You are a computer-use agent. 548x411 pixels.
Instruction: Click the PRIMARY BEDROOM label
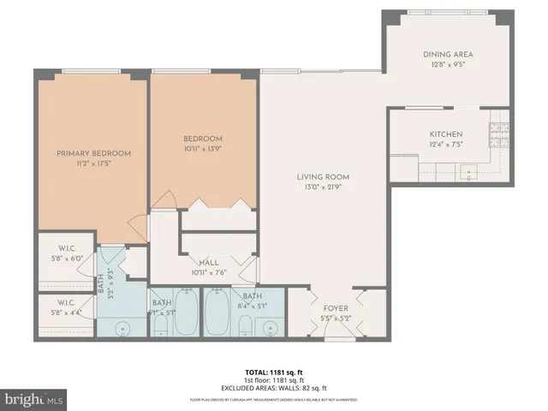[93, 153]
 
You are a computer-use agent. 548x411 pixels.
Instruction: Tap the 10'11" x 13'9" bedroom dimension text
[202, 149]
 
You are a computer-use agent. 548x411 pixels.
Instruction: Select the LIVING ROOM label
[324, 177]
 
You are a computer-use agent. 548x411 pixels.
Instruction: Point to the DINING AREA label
[447, 54]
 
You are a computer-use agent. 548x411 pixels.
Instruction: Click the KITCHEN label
[446, 134]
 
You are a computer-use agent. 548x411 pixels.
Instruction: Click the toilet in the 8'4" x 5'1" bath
[246, 325]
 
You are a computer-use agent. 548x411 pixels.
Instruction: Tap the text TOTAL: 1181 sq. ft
[273, 372]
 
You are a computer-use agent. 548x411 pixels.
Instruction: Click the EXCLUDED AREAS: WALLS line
[273, 387]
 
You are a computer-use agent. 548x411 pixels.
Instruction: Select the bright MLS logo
[33, 399]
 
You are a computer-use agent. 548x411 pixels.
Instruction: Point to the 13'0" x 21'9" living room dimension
[324, 188]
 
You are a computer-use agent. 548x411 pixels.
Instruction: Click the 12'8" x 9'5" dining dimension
[447, 64]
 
